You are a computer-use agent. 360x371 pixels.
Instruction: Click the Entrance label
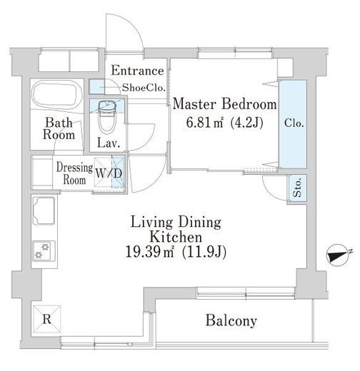137,71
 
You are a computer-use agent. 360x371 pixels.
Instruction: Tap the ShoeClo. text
144,88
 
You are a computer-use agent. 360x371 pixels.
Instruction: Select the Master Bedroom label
224,104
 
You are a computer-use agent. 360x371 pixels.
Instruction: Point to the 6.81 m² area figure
204,123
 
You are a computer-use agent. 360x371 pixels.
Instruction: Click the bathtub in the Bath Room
57,95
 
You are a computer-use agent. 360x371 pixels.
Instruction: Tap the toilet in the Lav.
107,116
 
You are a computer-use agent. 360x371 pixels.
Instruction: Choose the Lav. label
109,143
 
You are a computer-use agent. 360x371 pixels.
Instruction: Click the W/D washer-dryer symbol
109,173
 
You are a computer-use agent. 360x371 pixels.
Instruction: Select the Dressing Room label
74,173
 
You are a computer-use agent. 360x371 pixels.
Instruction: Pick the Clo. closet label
294,123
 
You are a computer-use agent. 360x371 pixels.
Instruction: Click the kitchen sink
44,211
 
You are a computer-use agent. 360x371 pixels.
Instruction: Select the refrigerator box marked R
46,319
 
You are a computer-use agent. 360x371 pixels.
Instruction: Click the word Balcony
231,320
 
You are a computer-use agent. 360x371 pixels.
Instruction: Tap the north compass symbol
337,256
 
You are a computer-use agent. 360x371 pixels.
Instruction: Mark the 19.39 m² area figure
149,252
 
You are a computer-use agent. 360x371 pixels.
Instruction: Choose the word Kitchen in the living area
176,237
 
